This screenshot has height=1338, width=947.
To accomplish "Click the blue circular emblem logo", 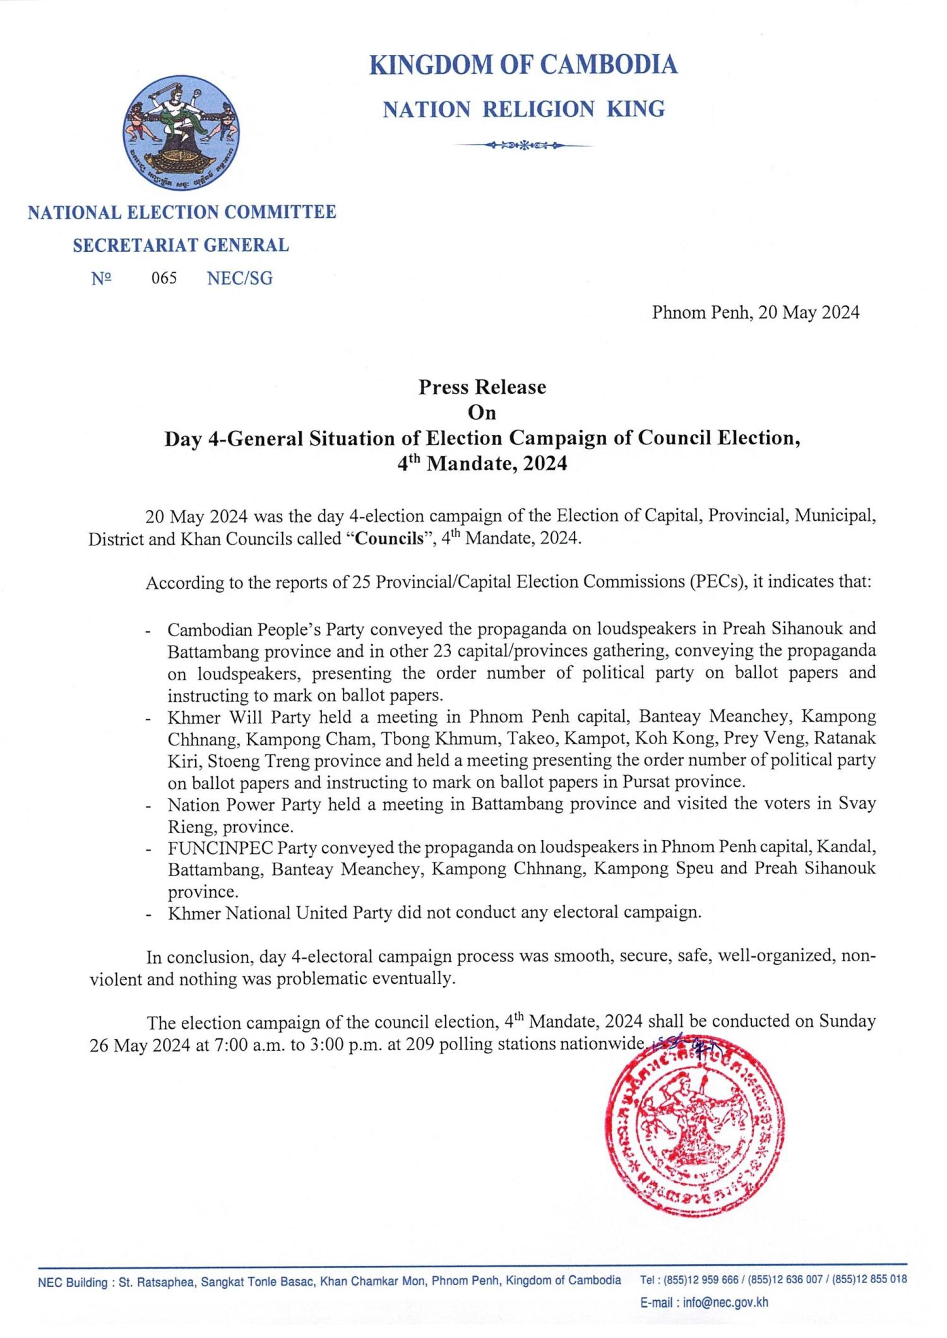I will click(x=181, y=134).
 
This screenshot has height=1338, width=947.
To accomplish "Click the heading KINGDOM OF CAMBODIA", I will click(x=523, y=65).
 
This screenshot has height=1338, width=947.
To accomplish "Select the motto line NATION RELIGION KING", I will click(x=523, y=110).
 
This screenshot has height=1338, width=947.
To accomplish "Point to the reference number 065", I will click(x=164, y=278).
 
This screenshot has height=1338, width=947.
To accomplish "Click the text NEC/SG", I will click(x=240, y=278).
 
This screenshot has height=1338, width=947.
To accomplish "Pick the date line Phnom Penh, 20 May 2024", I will click(x=755, y=312).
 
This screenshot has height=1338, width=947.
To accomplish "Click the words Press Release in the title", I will click(x=482, y=387).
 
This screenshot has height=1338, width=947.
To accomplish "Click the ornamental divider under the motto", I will click(x=523, y=146).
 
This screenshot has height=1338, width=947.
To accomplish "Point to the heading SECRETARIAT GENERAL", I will click(x=181, y=246).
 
